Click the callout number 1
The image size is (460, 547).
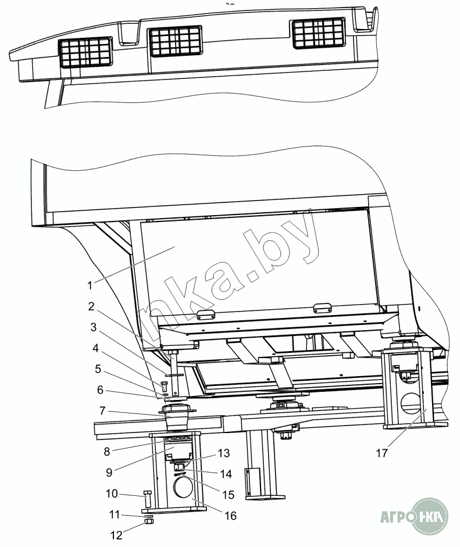pos(90,285)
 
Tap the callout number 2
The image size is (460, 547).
pos(91,306)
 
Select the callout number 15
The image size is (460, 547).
pos(228,495)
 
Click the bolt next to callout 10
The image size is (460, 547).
pos(147,498)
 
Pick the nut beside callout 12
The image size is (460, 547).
pos(148,523)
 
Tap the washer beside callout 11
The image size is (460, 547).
pos(148,516)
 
